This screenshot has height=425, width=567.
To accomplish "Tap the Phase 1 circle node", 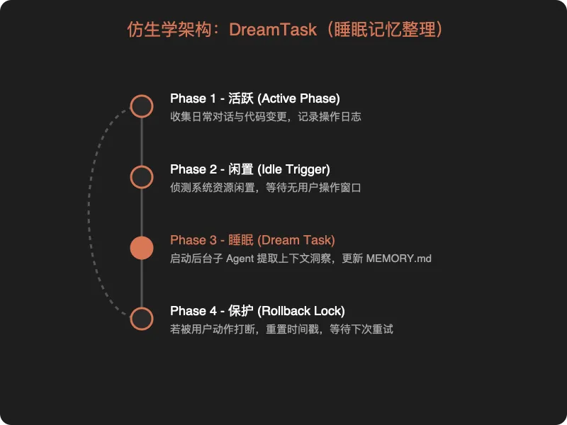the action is [142, 106].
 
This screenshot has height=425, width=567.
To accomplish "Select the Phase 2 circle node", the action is [142, 177].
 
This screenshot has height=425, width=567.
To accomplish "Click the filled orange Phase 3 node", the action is [142, 248].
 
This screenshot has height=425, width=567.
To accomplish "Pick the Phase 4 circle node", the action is [142, 319].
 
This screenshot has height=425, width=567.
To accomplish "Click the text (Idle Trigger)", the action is [294, 169].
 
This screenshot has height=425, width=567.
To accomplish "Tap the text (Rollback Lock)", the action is [301, 311].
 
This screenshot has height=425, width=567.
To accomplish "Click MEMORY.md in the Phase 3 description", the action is [398, 259].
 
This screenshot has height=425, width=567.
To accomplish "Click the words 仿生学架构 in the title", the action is [159, 30].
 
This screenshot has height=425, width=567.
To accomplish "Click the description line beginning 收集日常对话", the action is [266, 116].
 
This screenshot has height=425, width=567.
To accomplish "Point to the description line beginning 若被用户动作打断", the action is [281, 329].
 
